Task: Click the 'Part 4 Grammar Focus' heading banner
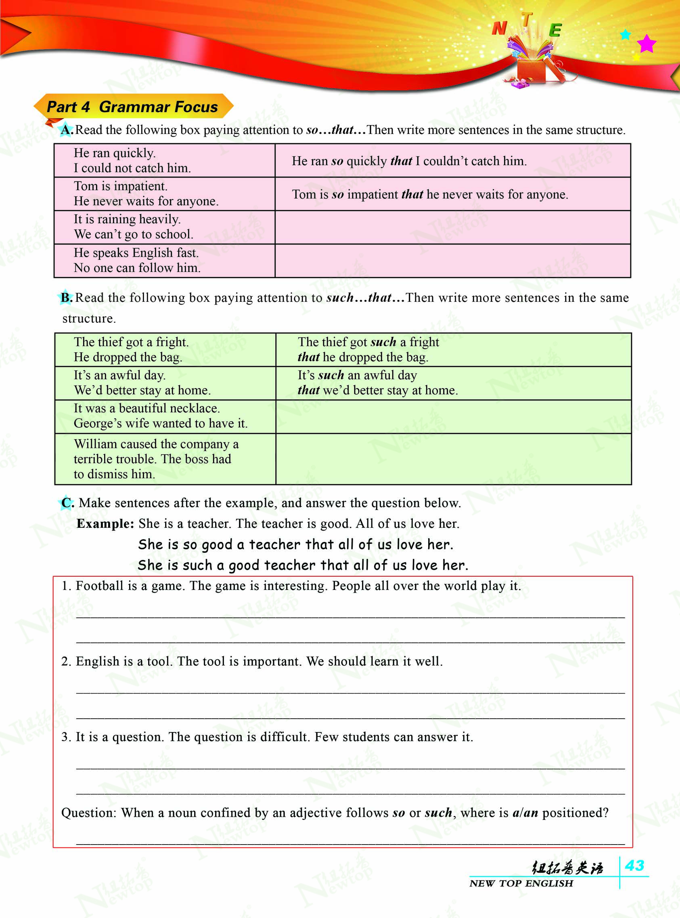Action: pyautogui.click(x=132, y=107)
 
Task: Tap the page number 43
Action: pyautogui.click(x=634, y=865)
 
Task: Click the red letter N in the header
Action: pyautogui.click(x=499, y=28)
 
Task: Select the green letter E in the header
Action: pyautogui.click(x=555, y=30)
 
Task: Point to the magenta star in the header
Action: pyautogui.click(x=646, y=43)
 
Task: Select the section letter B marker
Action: pyautogui.click(x=66, y=297)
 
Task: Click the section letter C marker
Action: pyautogui.click(x=67, y=502)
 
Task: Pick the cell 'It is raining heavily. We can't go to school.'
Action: pyautogui.click(x=165, y=227)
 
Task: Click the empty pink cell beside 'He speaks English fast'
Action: pyautogui.click(x=452, y=260)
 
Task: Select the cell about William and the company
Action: pyautogui.click(x=165, y=459)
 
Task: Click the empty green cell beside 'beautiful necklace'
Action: pyautogui.click(x=453, y=416)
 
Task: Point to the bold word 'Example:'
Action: pyautogui.click(x=105, y=523)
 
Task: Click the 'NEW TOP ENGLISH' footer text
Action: pyautogui.click(x=521, y=883)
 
